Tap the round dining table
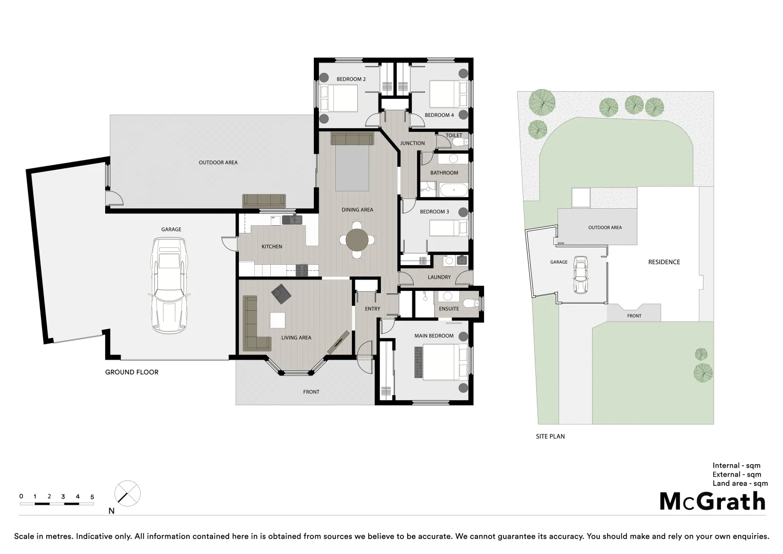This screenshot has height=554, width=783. tap(357, 239)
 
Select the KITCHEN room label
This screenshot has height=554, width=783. tap(272, 247)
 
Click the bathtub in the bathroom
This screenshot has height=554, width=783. tap(453, 191)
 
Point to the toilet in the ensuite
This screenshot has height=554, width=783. tap(469, 304)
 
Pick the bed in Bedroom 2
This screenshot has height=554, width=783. tap(338, 98)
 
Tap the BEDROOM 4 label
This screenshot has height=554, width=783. tap(439, 115)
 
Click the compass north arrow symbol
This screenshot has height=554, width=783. tap(127, 493)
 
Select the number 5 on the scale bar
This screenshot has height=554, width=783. tap(92, 497)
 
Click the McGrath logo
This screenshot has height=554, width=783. tap(712, 501)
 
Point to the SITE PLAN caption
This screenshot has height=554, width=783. tap(550, 437)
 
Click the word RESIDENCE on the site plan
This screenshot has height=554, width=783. tap(664, 262)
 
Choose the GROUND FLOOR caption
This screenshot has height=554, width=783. tap(132, 372)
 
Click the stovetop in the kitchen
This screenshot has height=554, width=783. tap(302, 270)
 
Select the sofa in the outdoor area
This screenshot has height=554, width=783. tap(264, 201)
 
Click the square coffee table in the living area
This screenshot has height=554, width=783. tap(277, 320)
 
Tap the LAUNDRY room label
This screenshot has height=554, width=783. tap(439, 277)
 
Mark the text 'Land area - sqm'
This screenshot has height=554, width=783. tap(740, 483)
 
